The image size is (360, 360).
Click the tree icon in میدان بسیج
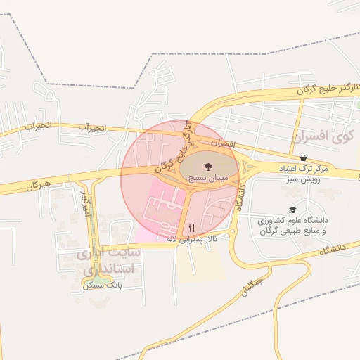[207, 167]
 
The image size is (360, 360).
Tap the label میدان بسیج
[207, 179]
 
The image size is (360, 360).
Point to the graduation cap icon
[292, 210]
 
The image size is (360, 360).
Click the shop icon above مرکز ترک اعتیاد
[302, 157]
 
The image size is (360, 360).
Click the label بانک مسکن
[102, 285]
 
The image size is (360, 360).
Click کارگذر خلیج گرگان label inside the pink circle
[175, 150]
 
